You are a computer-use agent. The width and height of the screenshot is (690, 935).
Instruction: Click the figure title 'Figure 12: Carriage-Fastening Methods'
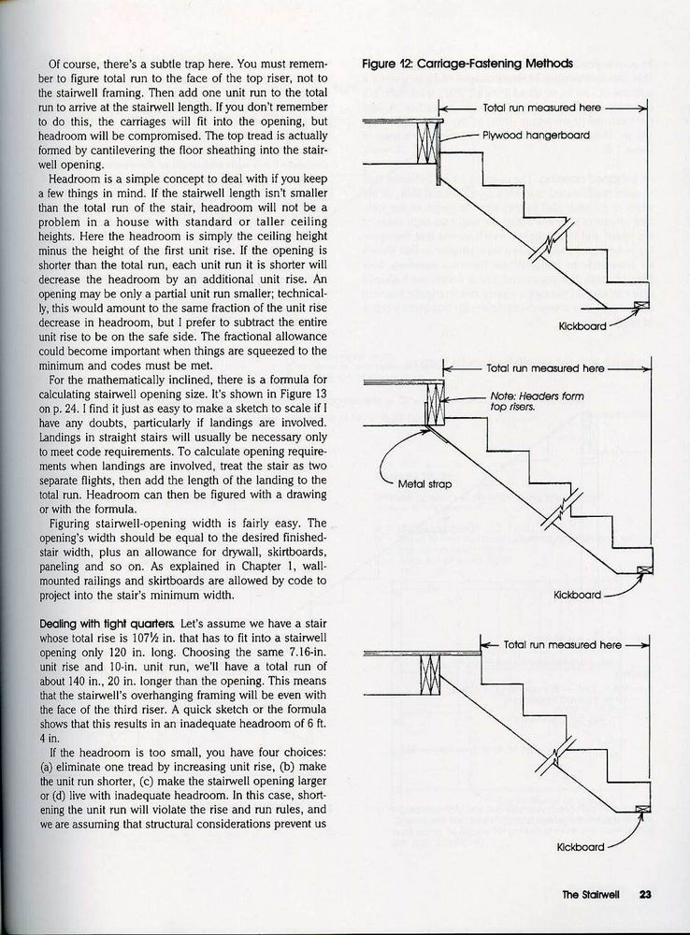(x=467, y=65)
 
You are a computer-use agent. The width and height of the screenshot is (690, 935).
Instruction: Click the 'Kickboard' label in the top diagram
(x=582, y=326)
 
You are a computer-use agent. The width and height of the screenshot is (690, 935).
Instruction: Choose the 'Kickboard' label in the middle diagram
(x=579, y=594)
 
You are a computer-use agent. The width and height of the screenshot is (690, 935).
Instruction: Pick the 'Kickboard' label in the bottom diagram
(x=582, y=848)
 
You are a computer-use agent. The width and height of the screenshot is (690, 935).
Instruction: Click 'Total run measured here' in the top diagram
(x=541, y=108)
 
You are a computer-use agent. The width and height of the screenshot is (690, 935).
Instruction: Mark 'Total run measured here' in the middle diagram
(x=546, y=368)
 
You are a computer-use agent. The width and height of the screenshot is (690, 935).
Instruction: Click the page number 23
(x=644, y=894)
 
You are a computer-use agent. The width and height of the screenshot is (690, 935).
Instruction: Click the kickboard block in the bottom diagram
(x=642, y=809)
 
